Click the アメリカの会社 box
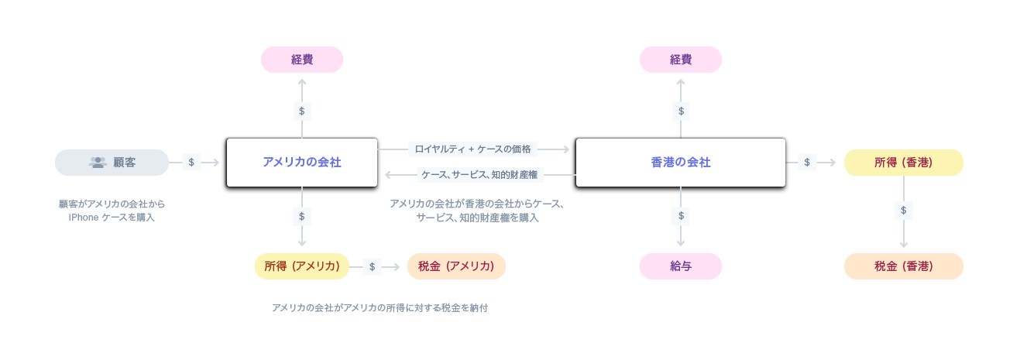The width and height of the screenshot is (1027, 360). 301,163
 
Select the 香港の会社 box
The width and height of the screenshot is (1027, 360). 680,163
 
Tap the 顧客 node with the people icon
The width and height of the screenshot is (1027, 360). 112,163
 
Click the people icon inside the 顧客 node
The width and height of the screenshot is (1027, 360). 98,163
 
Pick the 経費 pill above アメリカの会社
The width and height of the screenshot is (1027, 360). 301,60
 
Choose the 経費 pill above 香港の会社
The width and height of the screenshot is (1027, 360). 680,60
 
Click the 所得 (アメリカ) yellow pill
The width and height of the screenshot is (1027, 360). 301,266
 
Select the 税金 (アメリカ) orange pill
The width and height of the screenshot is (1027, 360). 455,266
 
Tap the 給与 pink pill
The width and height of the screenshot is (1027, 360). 680,266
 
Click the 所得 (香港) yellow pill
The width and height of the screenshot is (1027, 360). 903,163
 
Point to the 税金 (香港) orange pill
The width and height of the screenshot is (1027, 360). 903,266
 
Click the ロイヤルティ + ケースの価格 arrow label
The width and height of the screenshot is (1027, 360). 472,149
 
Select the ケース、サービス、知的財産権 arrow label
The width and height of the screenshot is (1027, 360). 479,175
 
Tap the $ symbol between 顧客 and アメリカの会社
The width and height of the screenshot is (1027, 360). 191,163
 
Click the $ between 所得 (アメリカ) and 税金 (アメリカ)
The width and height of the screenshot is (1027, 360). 372,266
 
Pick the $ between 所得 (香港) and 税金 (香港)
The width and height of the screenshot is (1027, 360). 903,210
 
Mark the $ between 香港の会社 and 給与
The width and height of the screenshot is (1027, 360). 681,215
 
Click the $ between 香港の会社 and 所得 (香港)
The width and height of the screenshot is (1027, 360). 807,163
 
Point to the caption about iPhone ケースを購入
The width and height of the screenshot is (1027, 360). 112,211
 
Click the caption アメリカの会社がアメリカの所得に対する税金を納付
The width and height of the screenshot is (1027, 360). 380,308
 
